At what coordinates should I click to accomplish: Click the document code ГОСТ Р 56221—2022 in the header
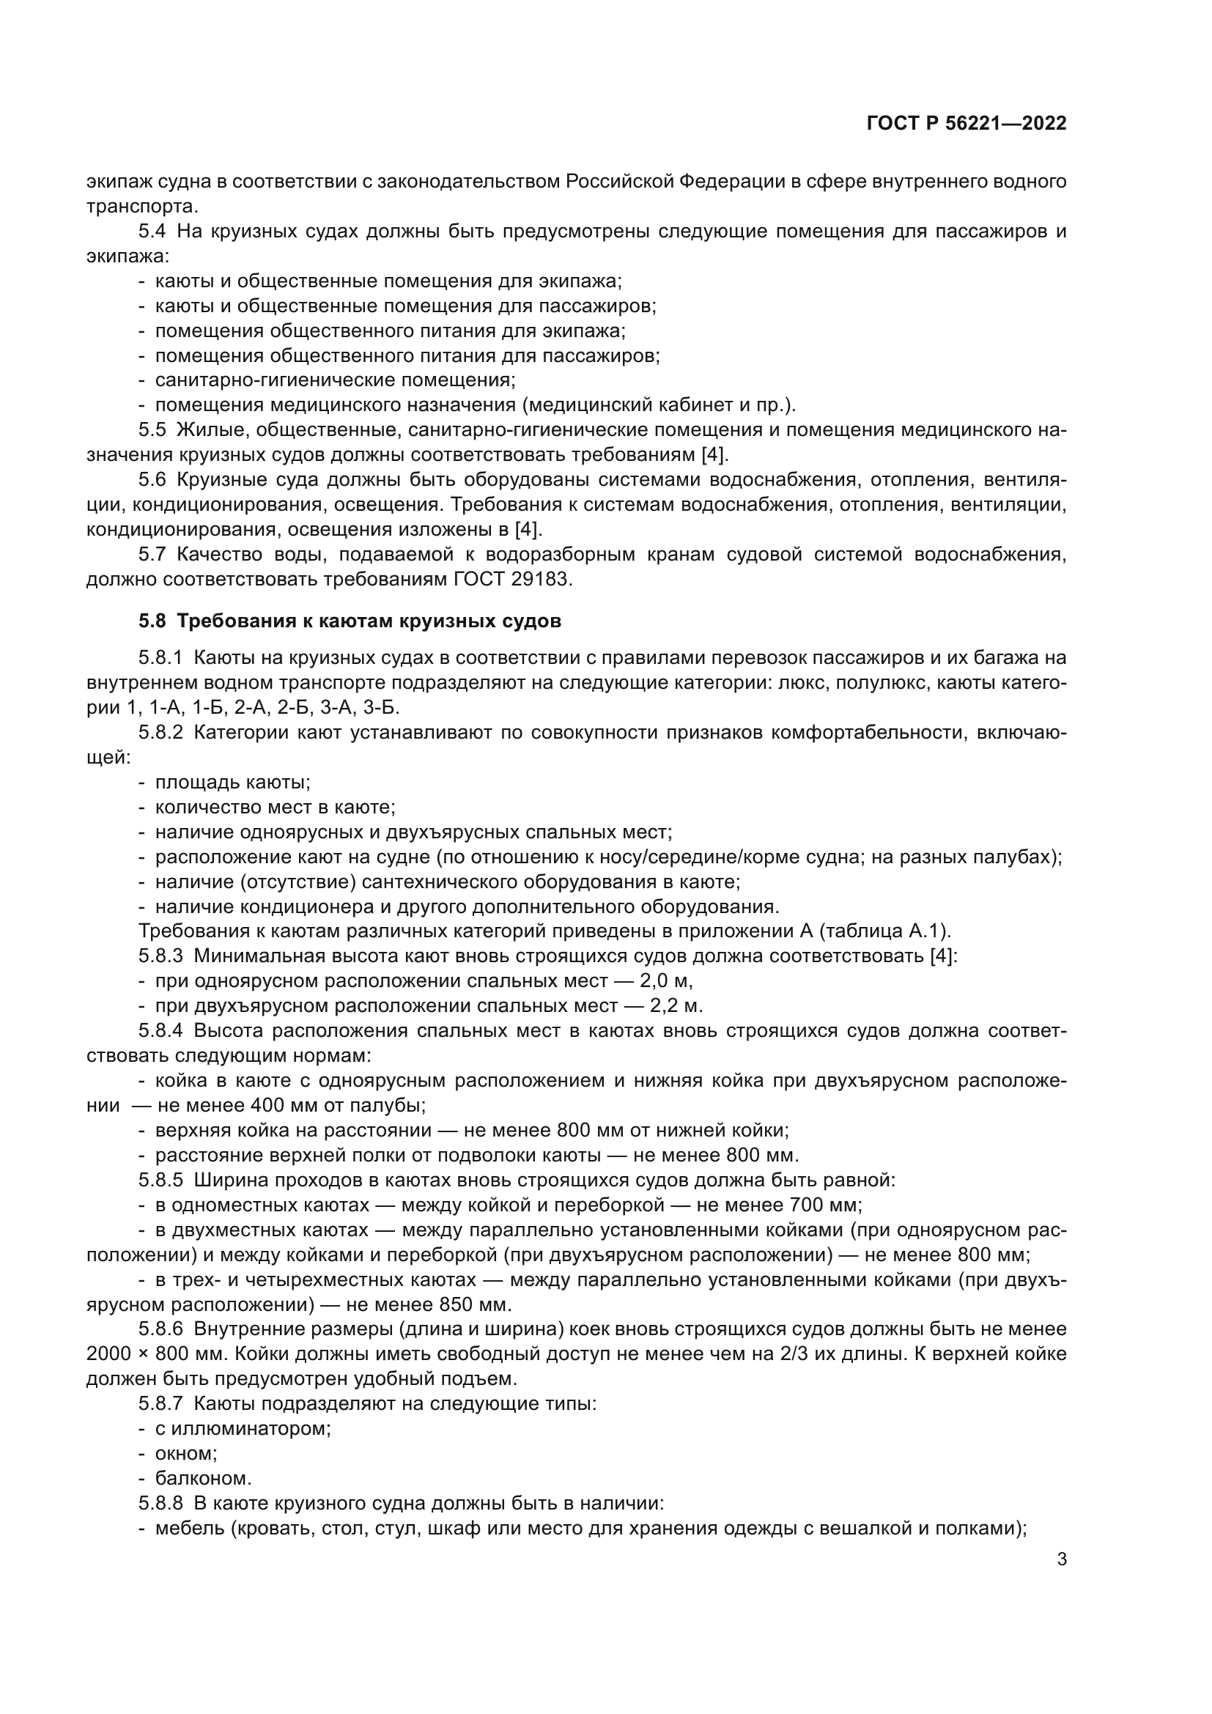click(967, 124)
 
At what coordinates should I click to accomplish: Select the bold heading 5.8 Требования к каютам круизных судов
click(350, 621)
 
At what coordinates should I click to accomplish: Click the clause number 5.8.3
click(160, 956)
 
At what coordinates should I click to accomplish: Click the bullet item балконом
click(203, 1478)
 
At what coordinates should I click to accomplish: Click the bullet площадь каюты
click(232, 783)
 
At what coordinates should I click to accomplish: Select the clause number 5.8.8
click(160, 1503)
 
